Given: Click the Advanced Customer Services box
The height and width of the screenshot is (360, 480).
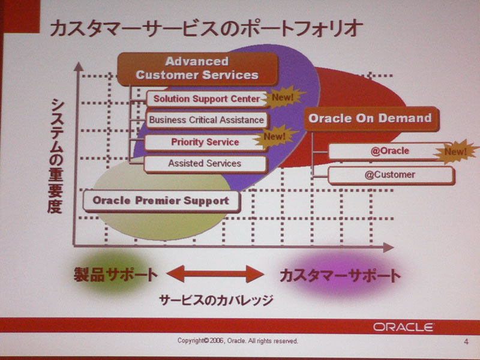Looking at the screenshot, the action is coord(197,68).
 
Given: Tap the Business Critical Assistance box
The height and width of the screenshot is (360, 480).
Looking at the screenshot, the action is coord(207,119).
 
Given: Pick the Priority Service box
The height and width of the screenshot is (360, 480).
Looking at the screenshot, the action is coord(205,142).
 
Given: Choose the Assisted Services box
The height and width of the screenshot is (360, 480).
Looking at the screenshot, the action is coord(205,163).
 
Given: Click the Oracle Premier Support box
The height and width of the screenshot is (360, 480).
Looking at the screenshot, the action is coord(161,201).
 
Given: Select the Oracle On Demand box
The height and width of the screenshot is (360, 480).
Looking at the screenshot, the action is coord(371,118).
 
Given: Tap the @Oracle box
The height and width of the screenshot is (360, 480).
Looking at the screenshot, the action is coord(390,151).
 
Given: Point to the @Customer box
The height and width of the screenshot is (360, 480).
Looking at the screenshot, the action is coord(391,175).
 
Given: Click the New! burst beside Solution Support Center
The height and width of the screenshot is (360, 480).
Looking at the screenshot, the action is coord(283,97).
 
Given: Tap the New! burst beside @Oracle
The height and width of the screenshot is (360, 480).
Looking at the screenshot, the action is coord(455,151).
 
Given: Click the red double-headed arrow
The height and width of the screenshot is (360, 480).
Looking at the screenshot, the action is coord(215,274).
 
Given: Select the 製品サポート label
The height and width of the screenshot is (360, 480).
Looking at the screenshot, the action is coord(116,274).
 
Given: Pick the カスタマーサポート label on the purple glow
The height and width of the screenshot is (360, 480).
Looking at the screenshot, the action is coord(340,275).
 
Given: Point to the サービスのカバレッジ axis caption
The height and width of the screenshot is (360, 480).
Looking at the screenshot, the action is coord(216,300).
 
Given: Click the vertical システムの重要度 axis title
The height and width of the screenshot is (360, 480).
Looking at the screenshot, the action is coord(56,155).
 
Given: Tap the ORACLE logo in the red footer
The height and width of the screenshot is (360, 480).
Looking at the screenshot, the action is coord(403,327).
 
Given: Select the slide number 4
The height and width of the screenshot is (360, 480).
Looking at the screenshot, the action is coord(466,341).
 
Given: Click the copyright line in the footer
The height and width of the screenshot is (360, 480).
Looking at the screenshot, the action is coord(238,341).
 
